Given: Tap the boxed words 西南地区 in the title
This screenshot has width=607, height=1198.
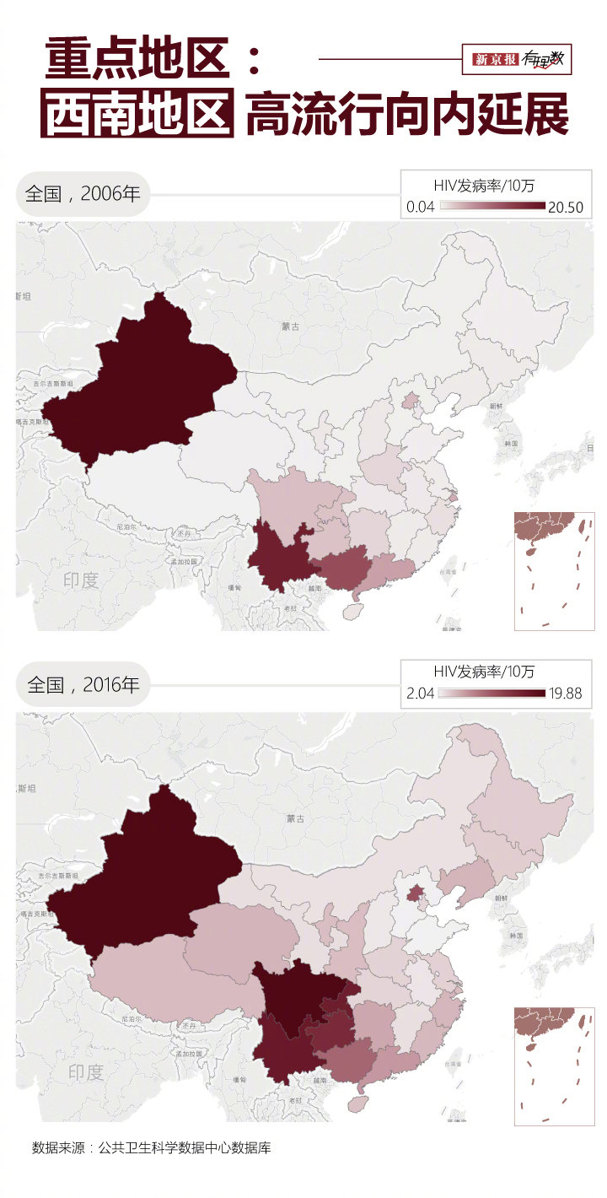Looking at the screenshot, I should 138,115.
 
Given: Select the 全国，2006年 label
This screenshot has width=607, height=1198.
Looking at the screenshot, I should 83,193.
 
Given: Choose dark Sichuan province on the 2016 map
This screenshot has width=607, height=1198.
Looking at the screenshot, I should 303,1000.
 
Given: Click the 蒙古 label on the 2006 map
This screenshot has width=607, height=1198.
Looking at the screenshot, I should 291,326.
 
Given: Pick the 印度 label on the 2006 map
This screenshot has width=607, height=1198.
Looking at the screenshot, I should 81,580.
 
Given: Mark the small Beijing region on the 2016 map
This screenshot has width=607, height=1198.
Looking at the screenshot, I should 415,893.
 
